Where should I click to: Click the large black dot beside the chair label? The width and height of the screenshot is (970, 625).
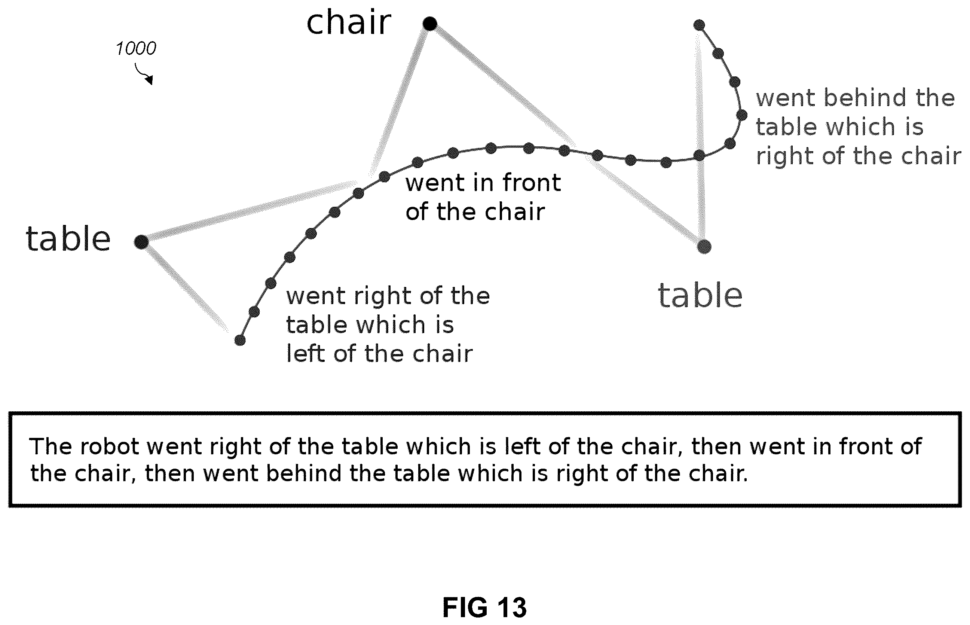(x=429, y=24)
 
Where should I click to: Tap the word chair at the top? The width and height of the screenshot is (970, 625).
(x=349, y=23)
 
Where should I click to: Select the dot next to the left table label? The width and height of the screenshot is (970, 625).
(x=141, y=242)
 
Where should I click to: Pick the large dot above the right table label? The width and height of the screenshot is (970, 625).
(x=704, y=246)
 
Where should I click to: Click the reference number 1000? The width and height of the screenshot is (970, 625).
(x=135, y=49)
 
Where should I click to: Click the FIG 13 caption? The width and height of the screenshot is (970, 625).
(x=484, y=607)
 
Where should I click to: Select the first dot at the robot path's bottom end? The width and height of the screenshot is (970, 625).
(x=240, y=340)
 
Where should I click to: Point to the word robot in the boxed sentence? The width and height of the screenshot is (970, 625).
(x=110, y=447)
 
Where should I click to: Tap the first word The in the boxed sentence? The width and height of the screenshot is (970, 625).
(x=52, y=447)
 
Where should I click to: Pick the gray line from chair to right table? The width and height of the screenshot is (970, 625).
(x=567, y=135)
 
